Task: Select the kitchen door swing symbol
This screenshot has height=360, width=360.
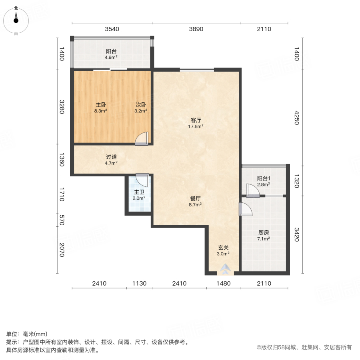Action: coord(245,209)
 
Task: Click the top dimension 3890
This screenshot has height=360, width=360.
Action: coord(196,29)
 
